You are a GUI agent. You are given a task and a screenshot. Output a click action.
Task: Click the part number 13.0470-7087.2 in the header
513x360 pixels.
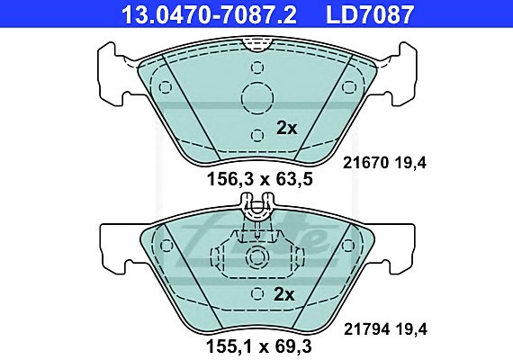click(x=209, y=14)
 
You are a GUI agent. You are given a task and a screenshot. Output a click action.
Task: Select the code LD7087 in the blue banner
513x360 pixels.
click(x=370, y=14)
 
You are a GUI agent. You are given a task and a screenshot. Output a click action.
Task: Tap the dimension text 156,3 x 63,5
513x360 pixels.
click(x=260, y=179)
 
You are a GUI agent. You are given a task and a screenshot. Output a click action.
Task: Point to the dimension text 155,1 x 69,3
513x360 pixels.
click(x=259, y=346)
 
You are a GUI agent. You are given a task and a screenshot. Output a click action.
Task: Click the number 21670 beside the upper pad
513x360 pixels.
click(x=365, y=163)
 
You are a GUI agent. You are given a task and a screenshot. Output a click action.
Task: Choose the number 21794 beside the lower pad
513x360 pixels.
click(x=366, y=329)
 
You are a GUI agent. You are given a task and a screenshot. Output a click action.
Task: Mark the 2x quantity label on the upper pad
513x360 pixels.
click(x=287, y=128)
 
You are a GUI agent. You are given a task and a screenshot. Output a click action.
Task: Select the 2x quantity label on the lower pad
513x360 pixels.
click(x=284, y=294)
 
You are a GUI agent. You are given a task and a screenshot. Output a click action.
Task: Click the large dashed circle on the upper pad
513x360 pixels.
click(x=257, y=98)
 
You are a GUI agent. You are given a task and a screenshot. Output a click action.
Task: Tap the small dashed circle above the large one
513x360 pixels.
click(x=257, y=67)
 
